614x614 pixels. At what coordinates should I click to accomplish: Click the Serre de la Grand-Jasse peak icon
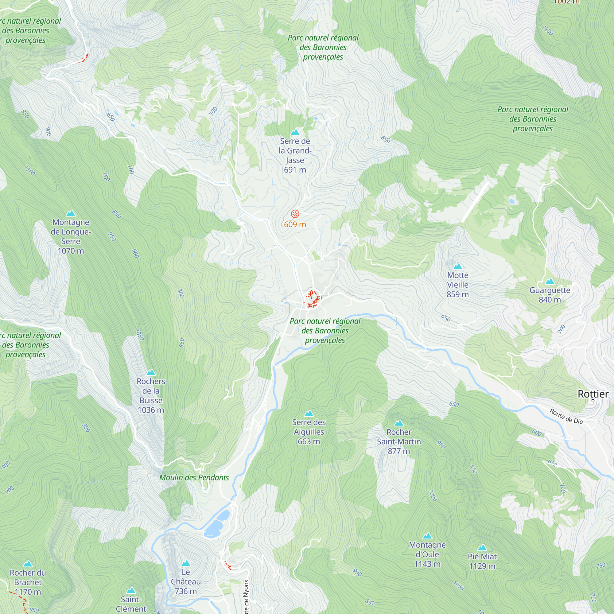tap(295, 132)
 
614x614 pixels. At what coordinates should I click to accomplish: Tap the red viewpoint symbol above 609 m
tap(295, 214)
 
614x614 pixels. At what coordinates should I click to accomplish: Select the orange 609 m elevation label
tap(295, 225)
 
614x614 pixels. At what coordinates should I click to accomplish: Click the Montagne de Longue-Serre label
tap(71, 236)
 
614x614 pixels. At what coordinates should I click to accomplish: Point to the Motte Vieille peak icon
tap(458, 266)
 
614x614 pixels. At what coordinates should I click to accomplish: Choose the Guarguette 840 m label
tap(550, 295)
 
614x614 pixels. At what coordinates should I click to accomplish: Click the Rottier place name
tap(593, 394)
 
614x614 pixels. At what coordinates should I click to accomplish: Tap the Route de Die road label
tap(566, 416)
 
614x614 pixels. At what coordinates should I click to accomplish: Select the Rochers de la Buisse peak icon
tap(151, 372)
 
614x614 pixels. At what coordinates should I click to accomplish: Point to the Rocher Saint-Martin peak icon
tap(398, 423)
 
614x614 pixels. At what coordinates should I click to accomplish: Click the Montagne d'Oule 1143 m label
tap(427, 554)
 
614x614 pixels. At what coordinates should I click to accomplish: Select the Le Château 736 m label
tap(186, 581)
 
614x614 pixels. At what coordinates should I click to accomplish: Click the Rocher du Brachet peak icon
tap(28, 564)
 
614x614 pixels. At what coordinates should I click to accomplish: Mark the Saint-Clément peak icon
tap(131, 590)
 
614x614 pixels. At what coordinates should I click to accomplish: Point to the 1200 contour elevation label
tap(548, 30)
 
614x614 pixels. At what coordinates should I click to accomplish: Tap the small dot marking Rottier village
tap(593, 399)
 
